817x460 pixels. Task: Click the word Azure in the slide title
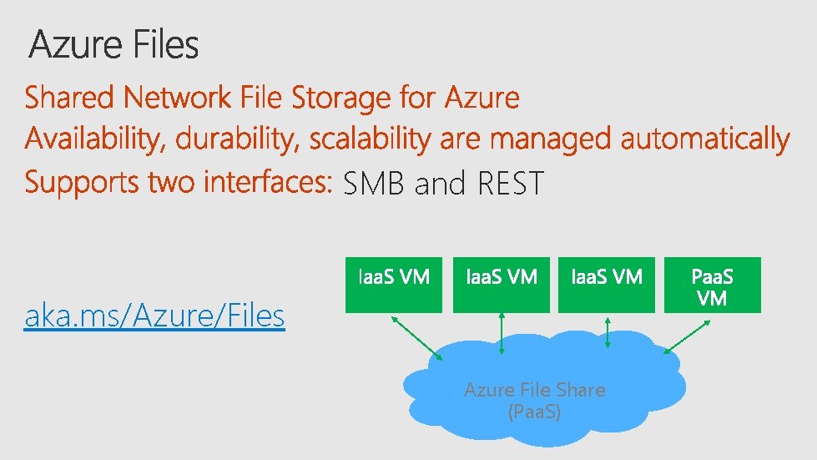coord(74,45)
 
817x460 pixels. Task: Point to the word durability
coord(239,139)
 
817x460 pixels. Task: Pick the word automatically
coord(704,139)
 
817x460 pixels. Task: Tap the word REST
coord(510,183)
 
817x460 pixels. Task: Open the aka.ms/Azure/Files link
coord(155,316)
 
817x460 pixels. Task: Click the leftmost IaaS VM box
coord(394,285)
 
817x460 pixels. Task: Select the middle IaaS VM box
coord(501,285)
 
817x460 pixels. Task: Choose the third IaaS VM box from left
coord(607,285)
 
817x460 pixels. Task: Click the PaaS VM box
coord(713,285)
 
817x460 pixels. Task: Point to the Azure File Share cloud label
coord(534,400)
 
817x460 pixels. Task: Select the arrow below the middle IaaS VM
coord(501,334)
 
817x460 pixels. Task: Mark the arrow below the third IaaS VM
coord(608,331)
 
